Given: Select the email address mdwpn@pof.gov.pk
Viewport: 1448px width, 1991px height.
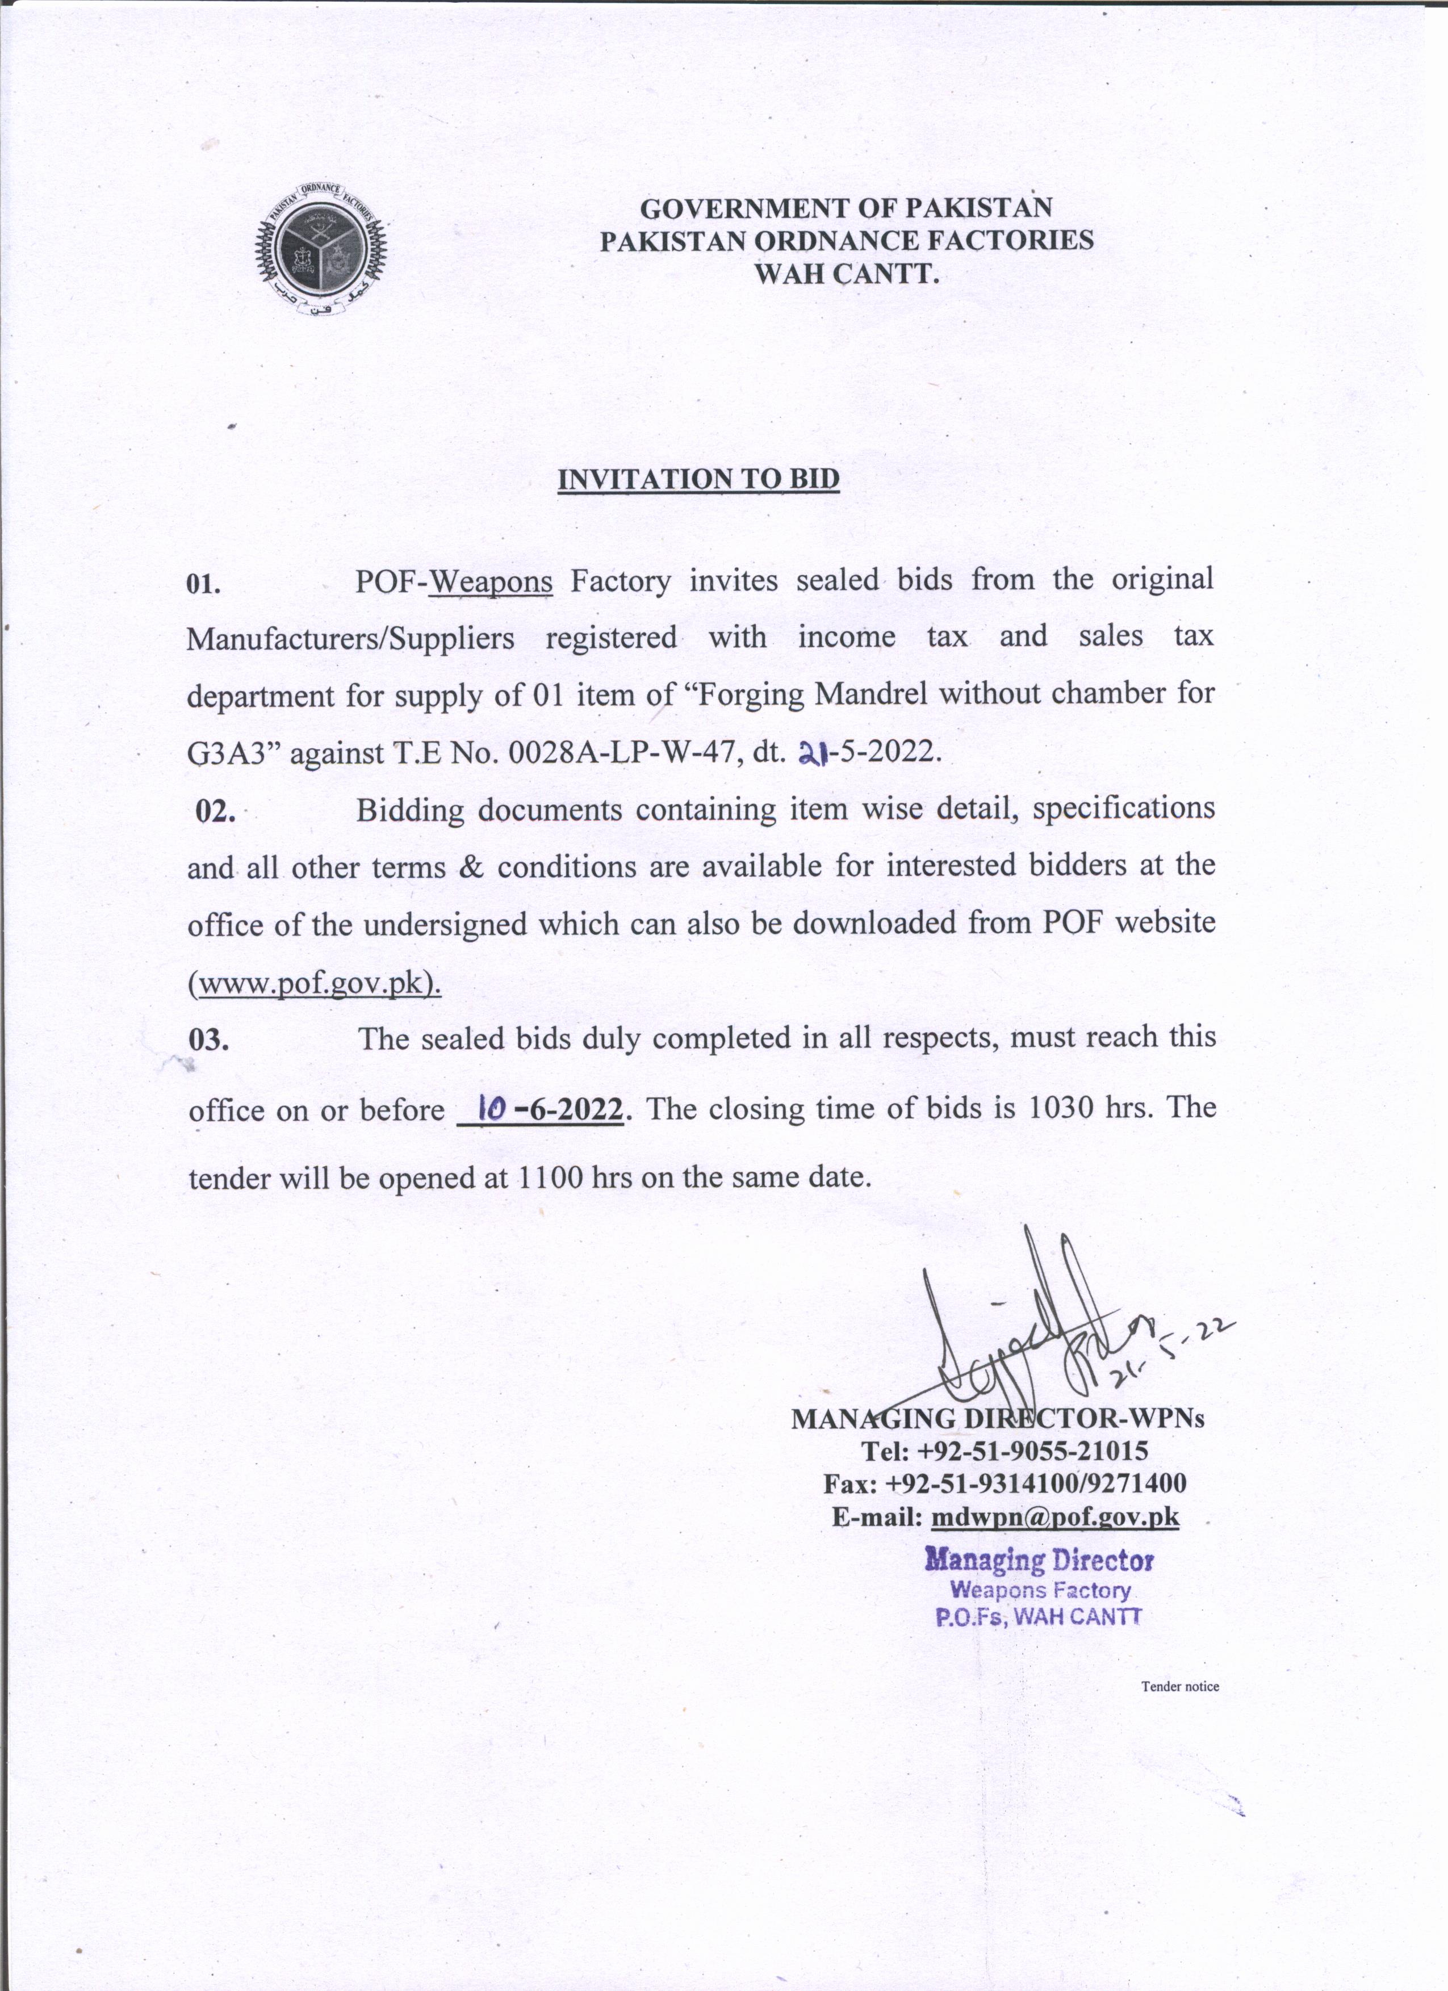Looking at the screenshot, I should coord(1054,1516).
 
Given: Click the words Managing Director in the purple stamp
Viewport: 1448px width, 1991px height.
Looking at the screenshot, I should coord(1039,1561).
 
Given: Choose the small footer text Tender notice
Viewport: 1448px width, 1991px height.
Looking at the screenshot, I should coord(1179,1686).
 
